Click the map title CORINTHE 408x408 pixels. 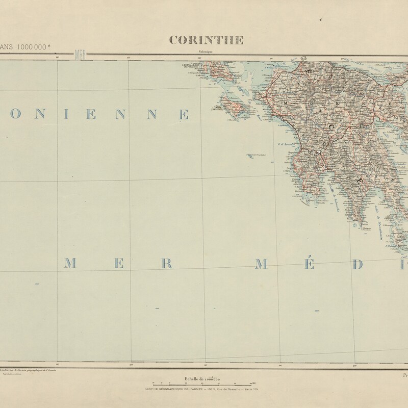coord(207,40)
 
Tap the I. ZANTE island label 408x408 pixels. coord(218,108)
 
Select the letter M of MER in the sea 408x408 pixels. coord(71,264)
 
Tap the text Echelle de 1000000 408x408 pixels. coord(201,378)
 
